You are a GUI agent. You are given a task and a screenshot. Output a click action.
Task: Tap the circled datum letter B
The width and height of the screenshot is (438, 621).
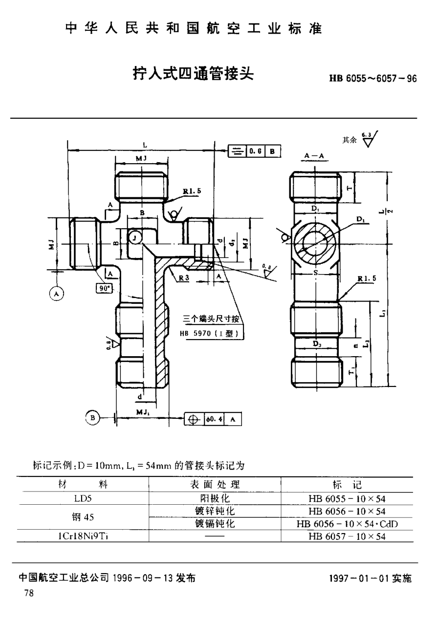[x=91, y=417]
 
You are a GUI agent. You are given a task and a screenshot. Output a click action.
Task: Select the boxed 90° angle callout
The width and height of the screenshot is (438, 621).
[x=104, y=288]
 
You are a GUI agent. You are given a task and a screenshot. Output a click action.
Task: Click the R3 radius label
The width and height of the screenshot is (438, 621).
[x=184, y=278]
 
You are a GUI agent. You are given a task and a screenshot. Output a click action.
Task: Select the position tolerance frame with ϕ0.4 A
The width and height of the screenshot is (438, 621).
[x=213, y=419]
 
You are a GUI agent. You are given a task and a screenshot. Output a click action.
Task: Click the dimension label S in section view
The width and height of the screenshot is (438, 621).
[x=316, y=273]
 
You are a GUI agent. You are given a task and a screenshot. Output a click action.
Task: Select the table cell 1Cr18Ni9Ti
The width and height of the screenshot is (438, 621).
[x=82, y=536]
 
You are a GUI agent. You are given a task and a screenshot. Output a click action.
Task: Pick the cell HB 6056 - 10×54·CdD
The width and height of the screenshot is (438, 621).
[x=347, y=524]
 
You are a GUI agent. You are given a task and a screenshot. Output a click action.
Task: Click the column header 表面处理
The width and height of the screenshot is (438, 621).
[x=215, y=485]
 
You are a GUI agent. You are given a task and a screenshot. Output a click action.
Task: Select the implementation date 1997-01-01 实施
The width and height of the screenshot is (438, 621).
[x=371, y=578]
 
